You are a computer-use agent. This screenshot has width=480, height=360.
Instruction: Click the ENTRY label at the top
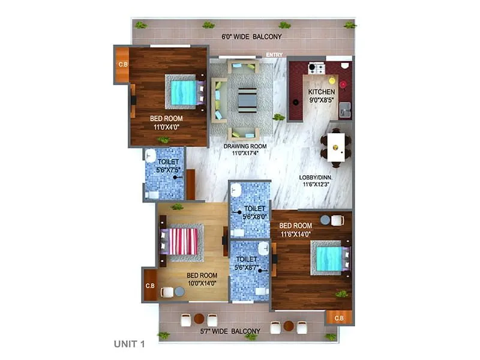click(274, 55)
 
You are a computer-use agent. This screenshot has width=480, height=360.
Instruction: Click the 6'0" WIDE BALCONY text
click(251, 37)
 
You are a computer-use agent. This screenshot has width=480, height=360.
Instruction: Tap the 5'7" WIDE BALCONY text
click(230, 331)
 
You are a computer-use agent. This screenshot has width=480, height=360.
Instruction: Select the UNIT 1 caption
click(130, 344)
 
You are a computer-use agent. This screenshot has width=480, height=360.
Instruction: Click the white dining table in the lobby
click(336, 146)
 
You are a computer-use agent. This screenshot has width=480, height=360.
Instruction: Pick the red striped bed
click(182, 241)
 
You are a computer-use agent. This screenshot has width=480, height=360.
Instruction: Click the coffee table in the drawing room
click(247, 100)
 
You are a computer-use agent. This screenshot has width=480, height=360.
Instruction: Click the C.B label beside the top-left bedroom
click(123, 64)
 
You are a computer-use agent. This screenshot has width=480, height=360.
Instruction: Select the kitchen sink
click(345, 110)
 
